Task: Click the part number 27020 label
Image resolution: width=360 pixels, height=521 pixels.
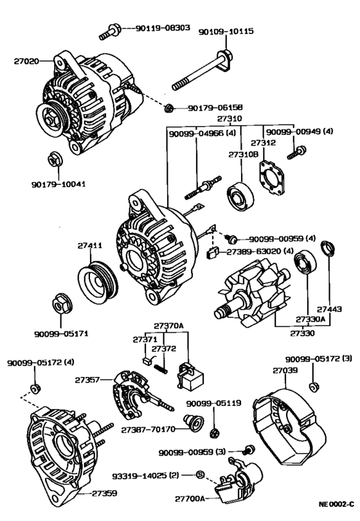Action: pyautogui.click(x=26, y=62)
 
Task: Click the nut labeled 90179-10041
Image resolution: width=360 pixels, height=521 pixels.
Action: pyautogui.click(x=54, y=158)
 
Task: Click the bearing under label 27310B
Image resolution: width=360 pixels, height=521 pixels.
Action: pyautogui.click(x=241, y=194)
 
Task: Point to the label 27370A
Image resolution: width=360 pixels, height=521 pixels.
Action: pyautogui.click(x=168, y=326)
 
